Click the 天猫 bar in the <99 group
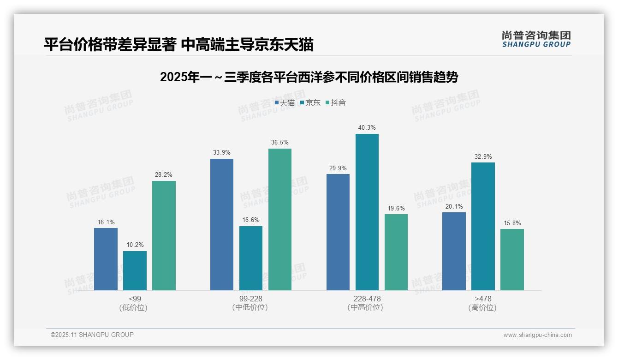[106, 259]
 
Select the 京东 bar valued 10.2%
[135, 270]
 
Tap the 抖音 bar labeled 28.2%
[164, 235]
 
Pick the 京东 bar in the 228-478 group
[367, 212]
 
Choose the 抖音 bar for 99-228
[280, 219]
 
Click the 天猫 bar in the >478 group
[454, 251]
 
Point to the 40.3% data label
[367, 128]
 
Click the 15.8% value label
[512, 223]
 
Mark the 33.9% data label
[222, 153]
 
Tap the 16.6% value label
[251, 220]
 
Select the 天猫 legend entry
[285, 103]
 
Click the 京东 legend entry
[310, 103]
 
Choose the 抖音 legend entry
[336, 103]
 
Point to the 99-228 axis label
[250, 299]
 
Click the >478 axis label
[483, 299]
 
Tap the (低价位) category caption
[134, 308]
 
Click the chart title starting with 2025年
[309, 77]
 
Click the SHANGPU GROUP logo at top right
[536, 39]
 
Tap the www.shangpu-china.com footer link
[537, 335]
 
